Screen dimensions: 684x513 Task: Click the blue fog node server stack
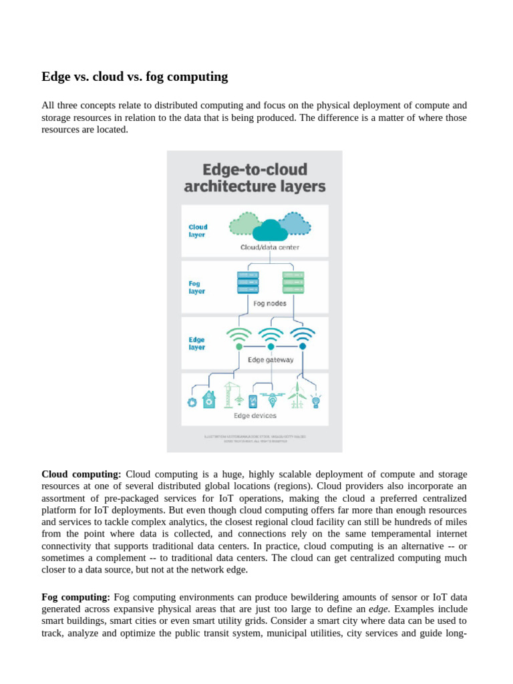pos(248,283)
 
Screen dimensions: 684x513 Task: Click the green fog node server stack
pos(293,283)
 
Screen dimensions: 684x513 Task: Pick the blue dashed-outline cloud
pos(295,223)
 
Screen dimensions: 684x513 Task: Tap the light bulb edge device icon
pos(315,400)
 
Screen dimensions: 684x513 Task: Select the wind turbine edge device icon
pos(298,396)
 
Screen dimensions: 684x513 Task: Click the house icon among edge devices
pos(210,399)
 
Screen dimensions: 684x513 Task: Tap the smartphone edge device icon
pos(252,401)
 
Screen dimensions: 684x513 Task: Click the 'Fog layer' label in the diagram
pos(197,287)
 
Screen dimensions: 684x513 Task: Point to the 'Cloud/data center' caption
pos(270,247)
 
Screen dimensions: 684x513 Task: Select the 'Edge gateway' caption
pos(271,359)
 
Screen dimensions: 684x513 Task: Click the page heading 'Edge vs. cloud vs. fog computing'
pos(134,77)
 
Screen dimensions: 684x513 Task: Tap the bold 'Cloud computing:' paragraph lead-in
pos(81,474)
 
